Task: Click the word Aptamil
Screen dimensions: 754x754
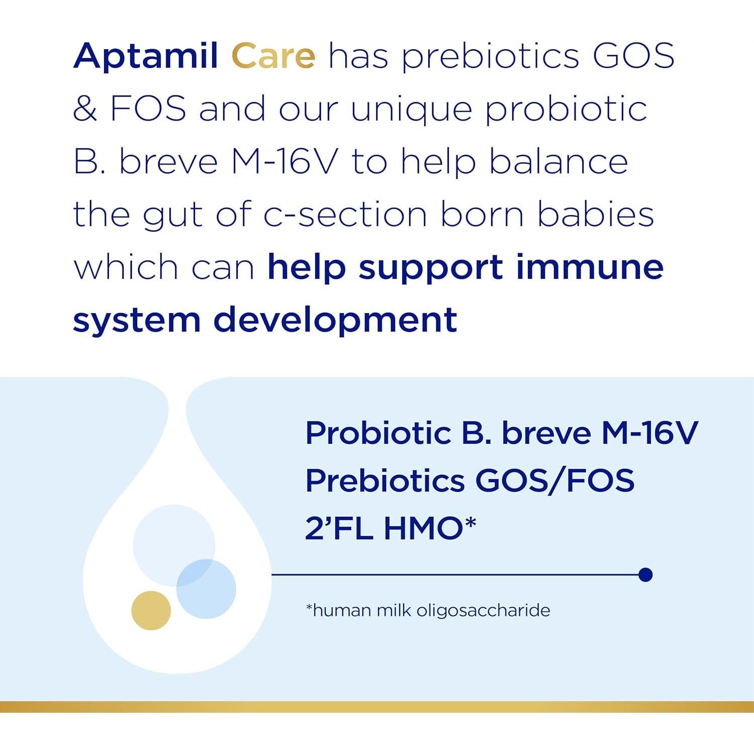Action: (x=146, y=57)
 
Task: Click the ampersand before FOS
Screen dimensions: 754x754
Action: (x=85, y=109)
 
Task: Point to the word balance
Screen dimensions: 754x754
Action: (x=558, y=162)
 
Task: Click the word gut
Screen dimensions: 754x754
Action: (x=173, y=217)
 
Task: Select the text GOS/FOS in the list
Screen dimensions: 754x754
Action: (x=555, y=481)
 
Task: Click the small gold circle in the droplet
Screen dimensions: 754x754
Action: (x=151, y=610)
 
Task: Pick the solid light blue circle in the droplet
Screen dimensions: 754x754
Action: (x=206, y=589)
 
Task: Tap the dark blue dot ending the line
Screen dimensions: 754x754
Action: (x=645, y=575)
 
